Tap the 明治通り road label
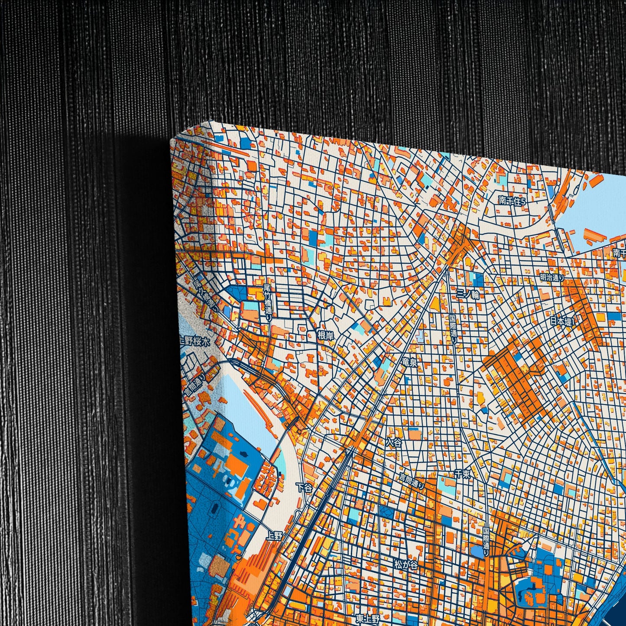(552, 277)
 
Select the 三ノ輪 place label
(468, 295)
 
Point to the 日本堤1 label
(562, 321)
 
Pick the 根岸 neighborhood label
(326, 334)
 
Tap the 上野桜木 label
(195, 341)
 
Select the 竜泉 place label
(409, 362)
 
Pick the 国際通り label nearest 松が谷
(486, 542)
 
